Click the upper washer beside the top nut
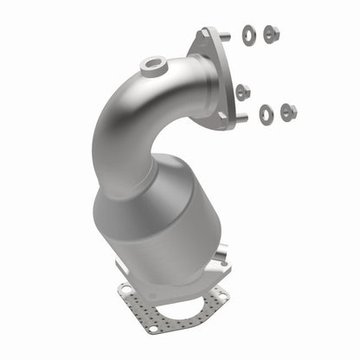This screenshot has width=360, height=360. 249,35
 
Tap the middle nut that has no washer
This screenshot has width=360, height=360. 243,90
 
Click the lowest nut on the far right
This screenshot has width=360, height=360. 288,111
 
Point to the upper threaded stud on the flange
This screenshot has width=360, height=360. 223,35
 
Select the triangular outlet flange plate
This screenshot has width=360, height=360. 216,78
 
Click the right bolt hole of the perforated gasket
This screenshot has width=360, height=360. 222,298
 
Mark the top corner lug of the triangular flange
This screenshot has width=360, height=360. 206,33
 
